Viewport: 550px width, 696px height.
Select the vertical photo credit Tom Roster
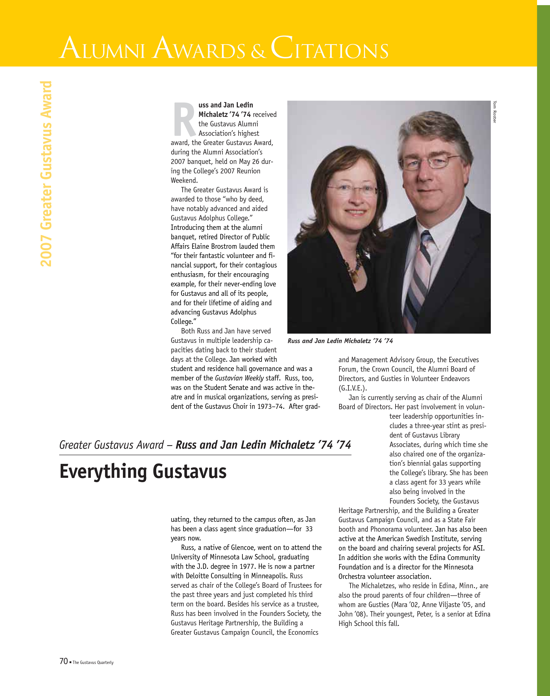(x=495, y=112)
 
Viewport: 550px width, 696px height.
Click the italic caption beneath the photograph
(x=340, y=341)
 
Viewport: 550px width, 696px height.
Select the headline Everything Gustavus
(x=143, y=471)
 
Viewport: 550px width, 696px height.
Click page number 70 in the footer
(x=64, y=661)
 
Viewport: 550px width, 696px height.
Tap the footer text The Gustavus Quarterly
(x=93, y=662)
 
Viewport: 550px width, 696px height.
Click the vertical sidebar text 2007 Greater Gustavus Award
(x=46, y=174)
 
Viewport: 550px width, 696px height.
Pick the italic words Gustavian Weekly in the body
(x=239, y=378)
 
